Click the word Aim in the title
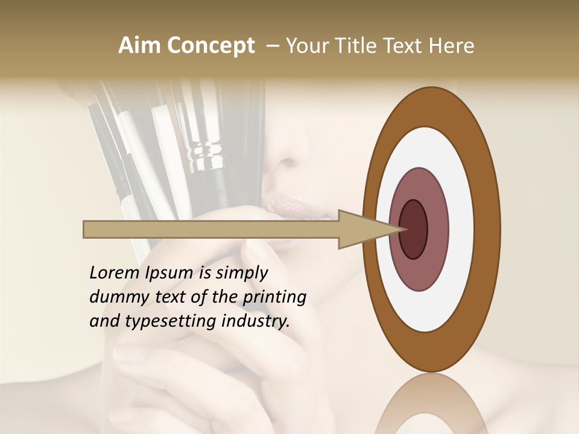[140, 46]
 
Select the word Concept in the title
[211, 46]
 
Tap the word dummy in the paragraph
[115, 297]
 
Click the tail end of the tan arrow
[86, 229]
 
